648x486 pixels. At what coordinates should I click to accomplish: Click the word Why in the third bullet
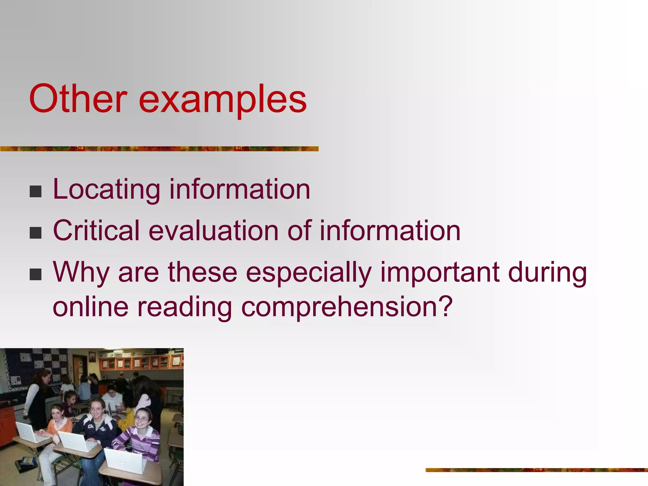point(81,273)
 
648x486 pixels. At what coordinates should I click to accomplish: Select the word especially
point(308,273)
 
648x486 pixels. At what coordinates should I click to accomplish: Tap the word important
point(440,273)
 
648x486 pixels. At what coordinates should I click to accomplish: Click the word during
point(547,273)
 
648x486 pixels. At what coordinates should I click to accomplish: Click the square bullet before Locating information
point(35,191)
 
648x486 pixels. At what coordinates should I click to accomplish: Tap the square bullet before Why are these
point(35,274)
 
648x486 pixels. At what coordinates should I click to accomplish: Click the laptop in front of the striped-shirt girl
point(125,460)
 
